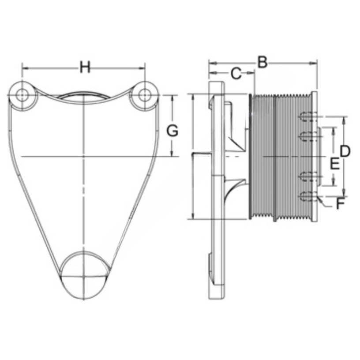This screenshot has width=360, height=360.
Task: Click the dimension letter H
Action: point(85,67)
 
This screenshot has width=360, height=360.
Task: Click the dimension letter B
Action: point(262,62)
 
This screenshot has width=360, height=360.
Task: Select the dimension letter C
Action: point(236,74)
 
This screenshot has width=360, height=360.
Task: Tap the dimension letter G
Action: point(172,131)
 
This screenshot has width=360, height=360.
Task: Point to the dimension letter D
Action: point(345,151)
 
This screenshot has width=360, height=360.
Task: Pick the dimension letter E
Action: point(334,164)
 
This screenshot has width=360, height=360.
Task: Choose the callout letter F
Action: point(340,204)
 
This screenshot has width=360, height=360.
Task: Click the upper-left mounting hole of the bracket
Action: point(22,95)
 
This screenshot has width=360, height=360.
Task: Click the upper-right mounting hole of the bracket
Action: point(145,95)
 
